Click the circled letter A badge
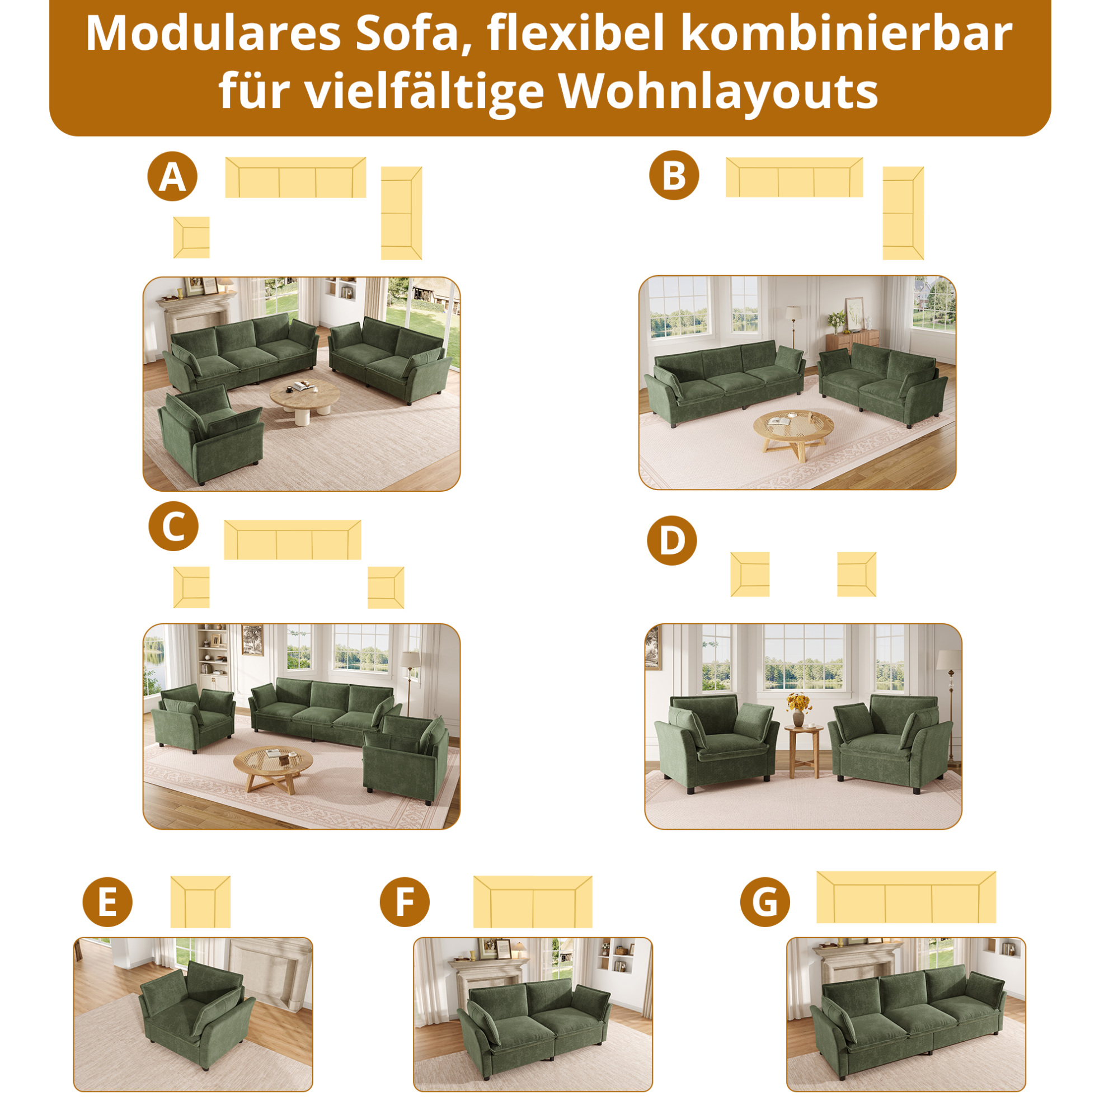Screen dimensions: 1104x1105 coord(172,176)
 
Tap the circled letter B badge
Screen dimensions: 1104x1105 coord(674,175)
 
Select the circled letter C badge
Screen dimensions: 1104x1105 coord(173,526)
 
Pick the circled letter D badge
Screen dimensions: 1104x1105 coord(671,540)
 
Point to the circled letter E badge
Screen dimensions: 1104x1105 coord(107,902)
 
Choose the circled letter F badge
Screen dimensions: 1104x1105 coord(405,902)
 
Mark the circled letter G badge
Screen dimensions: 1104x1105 coord(765,902)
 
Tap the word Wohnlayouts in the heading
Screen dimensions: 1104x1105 coord(718,92)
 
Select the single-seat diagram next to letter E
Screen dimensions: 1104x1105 coord(200,902)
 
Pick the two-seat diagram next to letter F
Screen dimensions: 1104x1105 coord(533,902)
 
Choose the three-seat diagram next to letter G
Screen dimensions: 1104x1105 coord(906,897)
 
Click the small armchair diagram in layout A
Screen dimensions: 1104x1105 coord(191,237)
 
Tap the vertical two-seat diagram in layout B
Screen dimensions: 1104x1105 coord(903,213)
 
